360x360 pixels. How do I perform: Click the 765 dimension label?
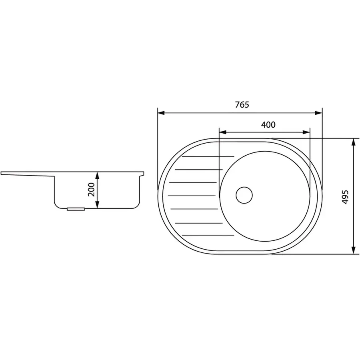click(x=242, y=105)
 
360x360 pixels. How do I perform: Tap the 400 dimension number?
click(x=268, y=125)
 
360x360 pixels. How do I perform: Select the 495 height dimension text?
click(x=345, y=197)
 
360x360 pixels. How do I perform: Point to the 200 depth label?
click(x=91, y=190)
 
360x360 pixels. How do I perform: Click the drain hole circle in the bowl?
click(x=244, y=195)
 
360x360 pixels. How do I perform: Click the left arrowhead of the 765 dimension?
click(x=161, y=113)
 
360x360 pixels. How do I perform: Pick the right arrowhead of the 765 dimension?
click(x=318, y=113)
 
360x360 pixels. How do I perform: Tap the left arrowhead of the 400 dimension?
click(x=223, y=132)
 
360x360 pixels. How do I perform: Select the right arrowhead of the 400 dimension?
click(x=306, y=132)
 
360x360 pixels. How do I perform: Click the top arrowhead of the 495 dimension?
click(x=354, y=142)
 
